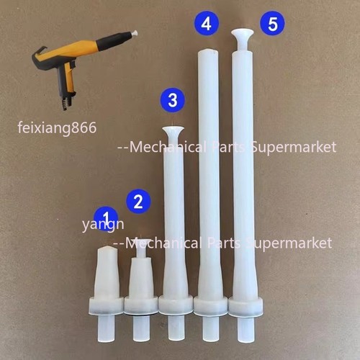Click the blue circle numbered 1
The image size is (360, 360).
(x=106, y=218)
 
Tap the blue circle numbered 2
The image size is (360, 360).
(x=138, y=201)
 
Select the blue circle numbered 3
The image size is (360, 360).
(x=173, y=100)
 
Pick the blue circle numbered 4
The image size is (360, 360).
(x=206, y=23)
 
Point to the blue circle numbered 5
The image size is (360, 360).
(x=273, y=23)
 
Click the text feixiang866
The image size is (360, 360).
(x=57, y=127)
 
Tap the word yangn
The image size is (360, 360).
(x=103, y=225)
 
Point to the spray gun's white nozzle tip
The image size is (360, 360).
(x=134, y=33)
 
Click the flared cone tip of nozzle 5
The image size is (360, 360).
(x=243, y=35)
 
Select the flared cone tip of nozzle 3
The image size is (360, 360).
(x=174, y=132)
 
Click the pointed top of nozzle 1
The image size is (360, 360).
(x=107, y=251)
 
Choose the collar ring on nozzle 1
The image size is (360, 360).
(x=107, y=306)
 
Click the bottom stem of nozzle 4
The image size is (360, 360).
(x=210, y=328)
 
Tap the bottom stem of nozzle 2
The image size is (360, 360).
(x=142, y=328)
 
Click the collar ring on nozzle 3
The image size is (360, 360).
(x=176, y=305)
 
